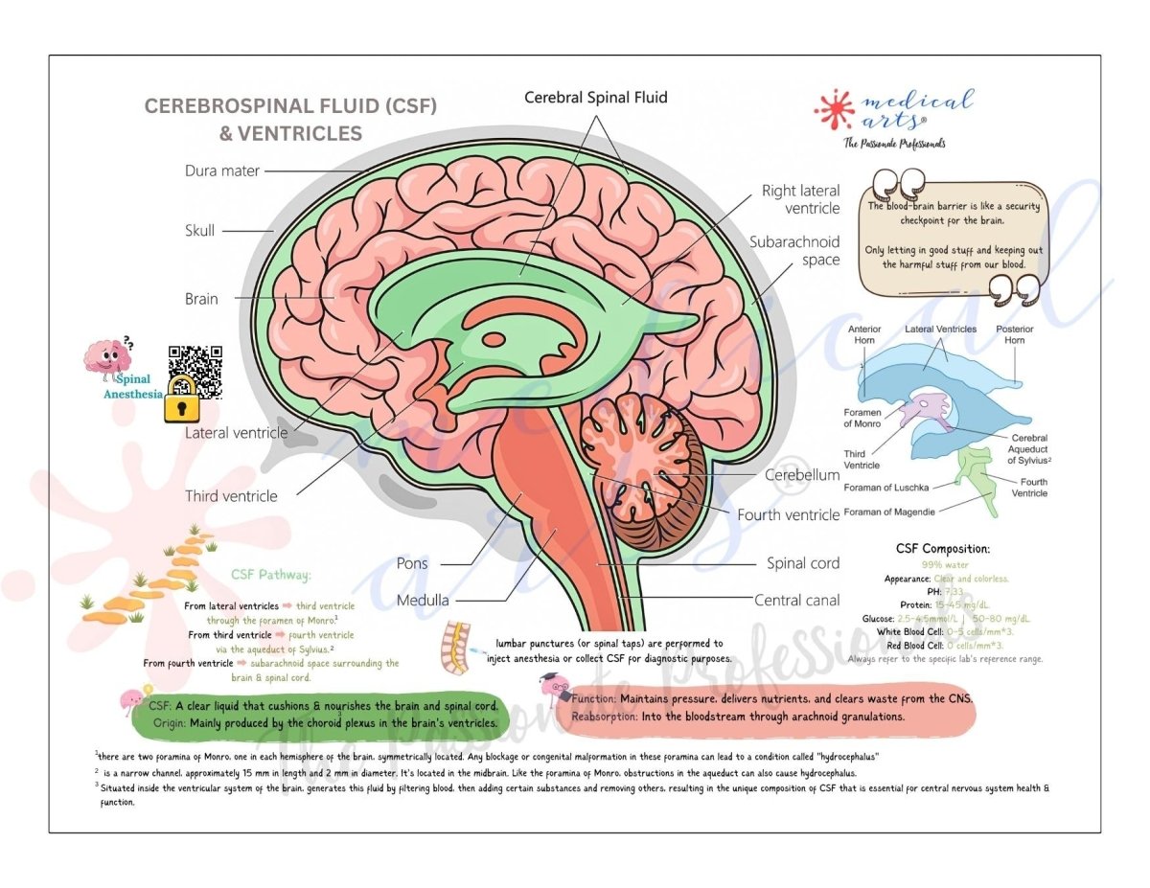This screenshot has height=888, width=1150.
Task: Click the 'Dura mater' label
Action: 221,171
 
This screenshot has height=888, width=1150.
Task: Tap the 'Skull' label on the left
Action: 199,231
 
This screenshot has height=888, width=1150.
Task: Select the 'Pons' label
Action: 412,563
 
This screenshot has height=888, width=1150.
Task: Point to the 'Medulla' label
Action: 423,602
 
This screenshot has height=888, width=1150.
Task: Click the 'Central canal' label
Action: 796,601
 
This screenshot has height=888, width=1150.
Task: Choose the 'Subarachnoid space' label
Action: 794,251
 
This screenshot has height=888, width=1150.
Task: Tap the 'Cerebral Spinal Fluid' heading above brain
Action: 595,98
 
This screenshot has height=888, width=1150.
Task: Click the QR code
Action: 195,366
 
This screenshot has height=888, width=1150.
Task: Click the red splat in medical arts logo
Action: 834,108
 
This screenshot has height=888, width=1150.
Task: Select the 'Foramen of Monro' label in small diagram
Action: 862,418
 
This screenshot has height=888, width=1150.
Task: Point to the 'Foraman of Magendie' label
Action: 889,512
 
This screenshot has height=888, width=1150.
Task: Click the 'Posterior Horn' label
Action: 1014,334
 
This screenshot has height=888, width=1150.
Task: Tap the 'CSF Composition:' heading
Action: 942,549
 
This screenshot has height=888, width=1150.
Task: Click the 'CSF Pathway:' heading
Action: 270,576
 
